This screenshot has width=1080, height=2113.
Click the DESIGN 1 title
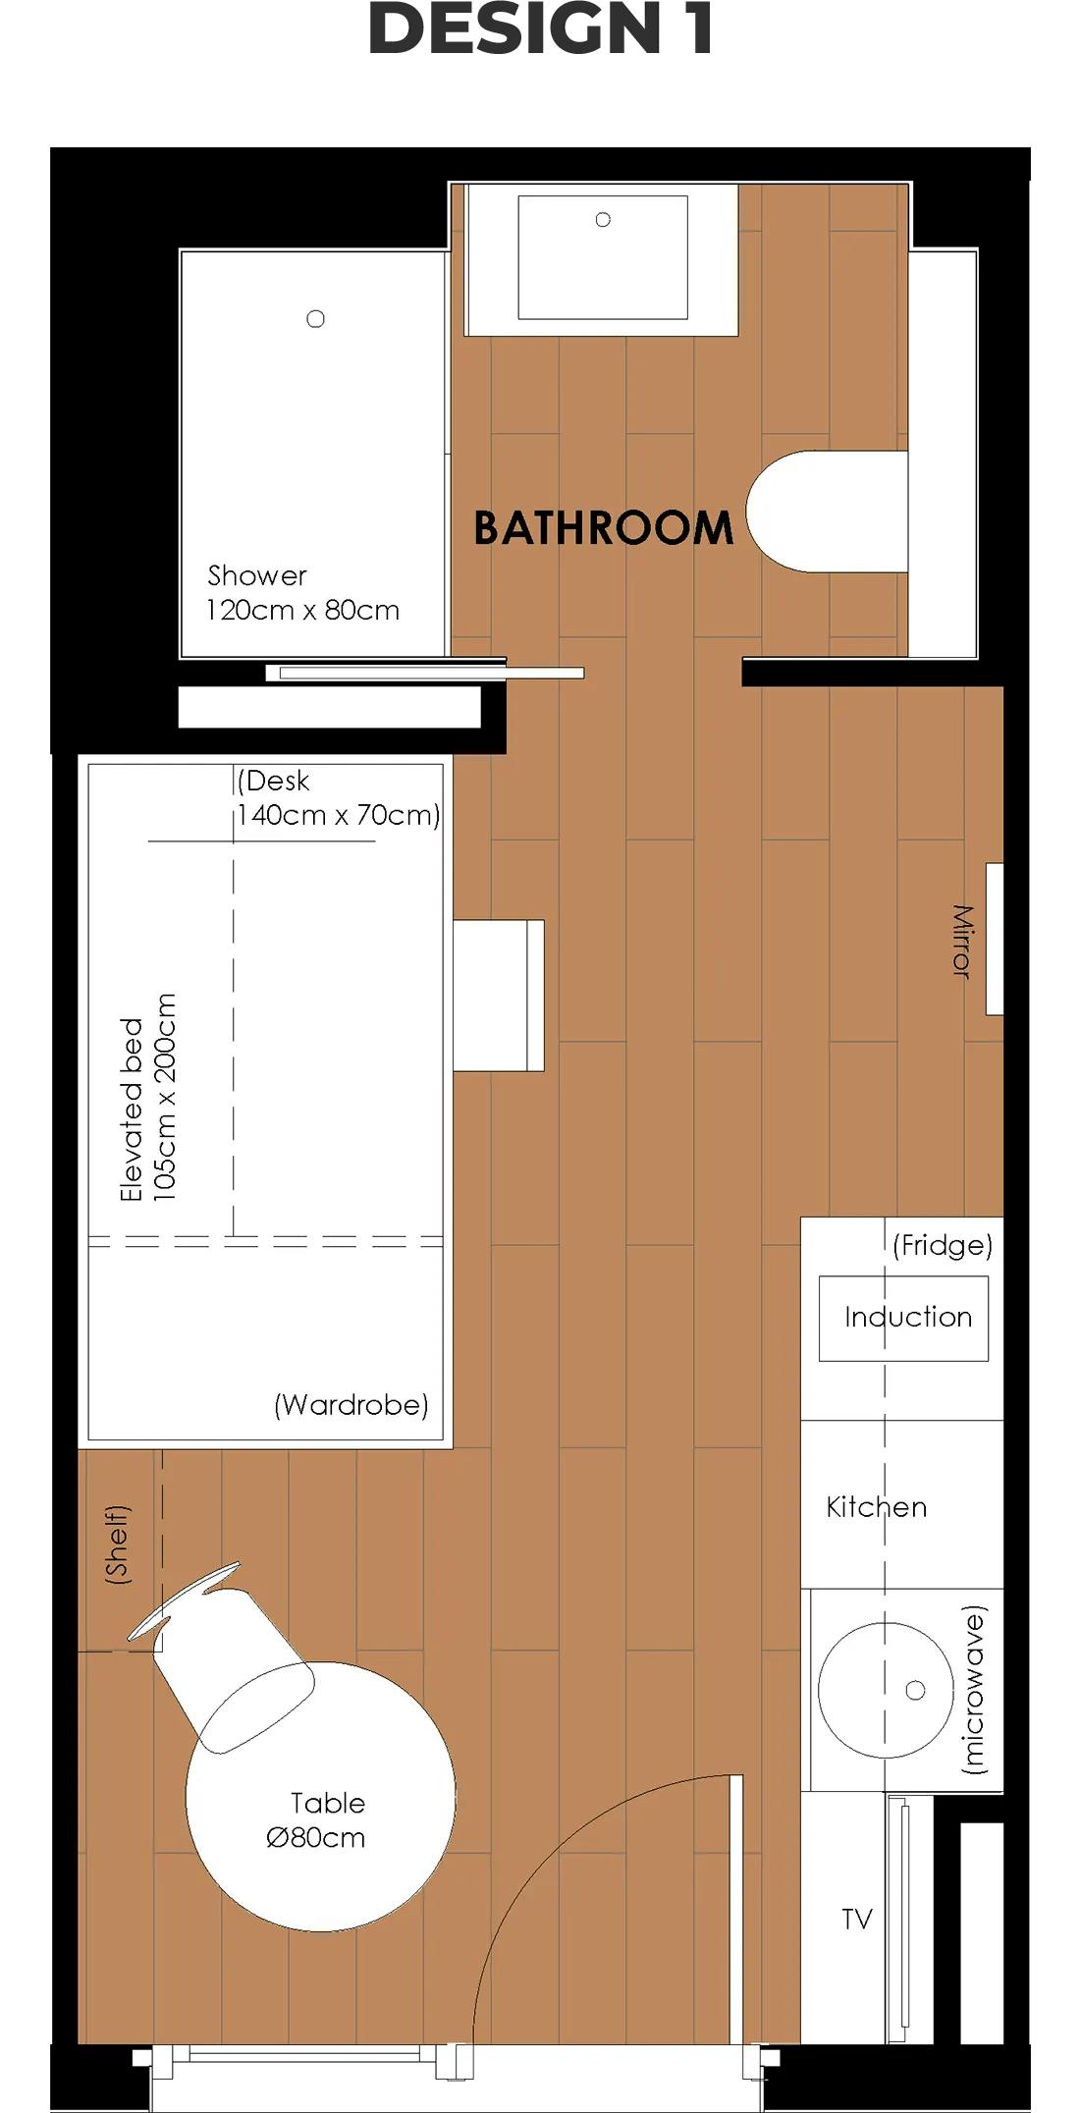540,29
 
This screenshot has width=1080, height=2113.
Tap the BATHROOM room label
603,528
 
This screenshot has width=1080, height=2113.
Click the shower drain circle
315,319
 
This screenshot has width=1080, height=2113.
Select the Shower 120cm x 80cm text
302,593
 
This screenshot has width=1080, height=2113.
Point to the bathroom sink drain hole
603,220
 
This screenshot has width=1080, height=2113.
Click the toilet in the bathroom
825,512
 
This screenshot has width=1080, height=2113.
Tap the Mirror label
962,941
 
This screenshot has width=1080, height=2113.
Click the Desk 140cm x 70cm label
338,797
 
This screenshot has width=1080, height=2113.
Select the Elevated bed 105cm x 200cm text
147,1097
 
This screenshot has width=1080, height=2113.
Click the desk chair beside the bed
499,996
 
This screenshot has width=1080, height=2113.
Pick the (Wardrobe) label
351,1405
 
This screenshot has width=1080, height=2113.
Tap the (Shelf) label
117,1544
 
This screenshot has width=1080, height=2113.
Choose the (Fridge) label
943,1246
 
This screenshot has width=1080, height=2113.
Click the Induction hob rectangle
904,1318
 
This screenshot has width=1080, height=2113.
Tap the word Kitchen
876,1507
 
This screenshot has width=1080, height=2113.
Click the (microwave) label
973,1690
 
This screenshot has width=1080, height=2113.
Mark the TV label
857,1920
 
